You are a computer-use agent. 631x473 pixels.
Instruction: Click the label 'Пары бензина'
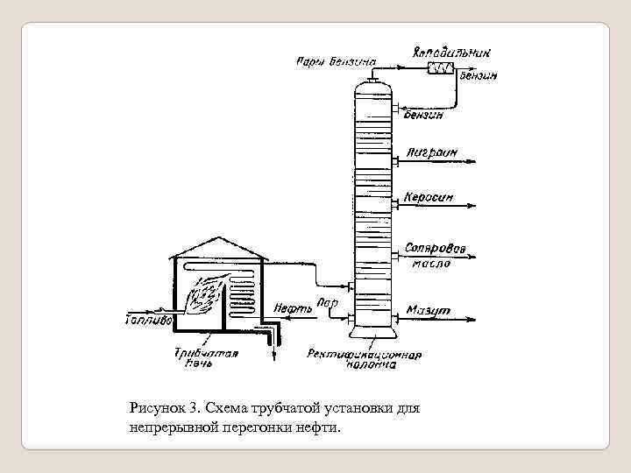point(336,61)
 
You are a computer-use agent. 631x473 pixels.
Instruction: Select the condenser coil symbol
point(437,67)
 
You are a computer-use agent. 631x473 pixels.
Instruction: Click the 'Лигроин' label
point(431,152)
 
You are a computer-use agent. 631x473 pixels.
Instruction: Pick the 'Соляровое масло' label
point(429,253)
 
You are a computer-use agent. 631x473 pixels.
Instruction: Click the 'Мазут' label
point(429,311)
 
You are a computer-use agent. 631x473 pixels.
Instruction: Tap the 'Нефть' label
point(290,308)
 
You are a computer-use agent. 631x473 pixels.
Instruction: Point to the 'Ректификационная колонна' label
point(365,360)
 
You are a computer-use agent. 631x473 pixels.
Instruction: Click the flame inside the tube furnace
point(205,294)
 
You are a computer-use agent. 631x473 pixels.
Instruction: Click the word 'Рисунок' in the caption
point(157,407)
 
